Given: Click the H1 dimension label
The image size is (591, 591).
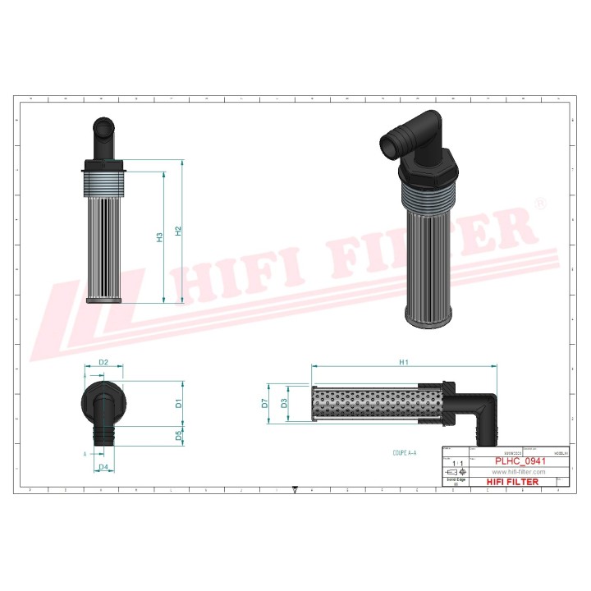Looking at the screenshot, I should coord(403,361).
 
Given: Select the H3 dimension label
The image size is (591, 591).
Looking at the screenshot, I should coord(160,238).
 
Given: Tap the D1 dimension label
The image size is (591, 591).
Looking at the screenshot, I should coord(178,403).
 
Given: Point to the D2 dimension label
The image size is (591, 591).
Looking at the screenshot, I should coord(104,362).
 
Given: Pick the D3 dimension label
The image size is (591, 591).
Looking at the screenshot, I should coord(284,403).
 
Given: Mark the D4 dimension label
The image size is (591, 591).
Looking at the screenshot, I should coord(104,467).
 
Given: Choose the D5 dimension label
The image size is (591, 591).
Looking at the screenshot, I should coord(178,436).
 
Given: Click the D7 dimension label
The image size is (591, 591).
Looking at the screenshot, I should coord(265,403).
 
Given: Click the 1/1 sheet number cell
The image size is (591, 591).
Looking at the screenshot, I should coord(457,464).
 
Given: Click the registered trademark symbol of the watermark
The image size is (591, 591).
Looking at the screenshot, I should coord(538,202).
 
